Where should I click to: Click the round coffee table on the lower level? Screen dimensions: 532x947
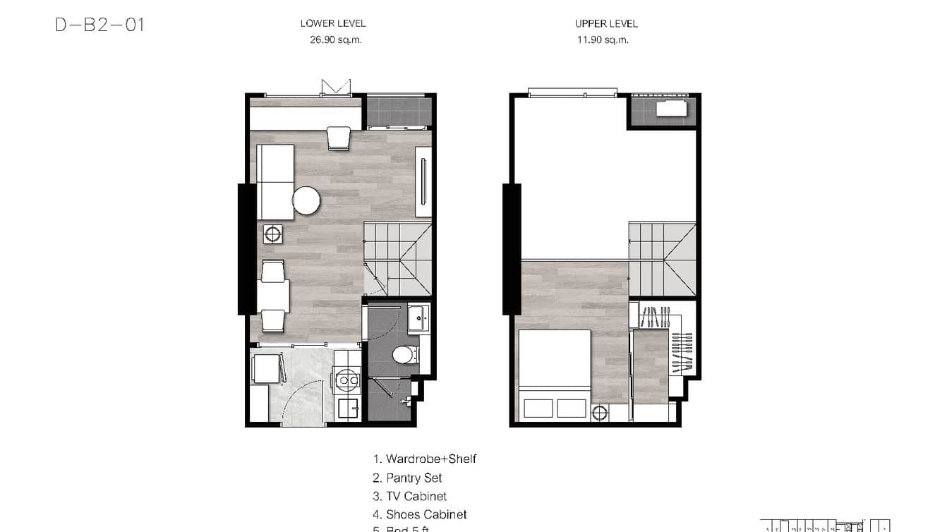(306, 200)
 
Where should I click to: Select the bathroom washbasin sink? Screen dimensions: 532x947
(421, 318)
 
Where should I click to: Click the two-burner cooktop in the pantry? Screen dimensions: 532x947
(346, 380)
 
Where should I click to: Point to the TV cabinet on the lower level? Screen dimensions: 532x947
(423, 181)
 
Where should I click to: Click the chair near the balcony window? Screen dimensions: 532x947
(339, 138)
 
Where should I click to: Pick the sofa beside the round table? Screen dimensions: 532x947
(275, 181)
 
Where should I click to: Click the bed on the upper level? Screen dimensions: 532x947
(555, 374)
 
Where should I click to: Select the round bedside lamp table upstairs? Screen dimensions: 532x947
(600, 413)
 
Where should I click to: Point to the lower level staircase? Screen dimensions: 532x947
(397, 258)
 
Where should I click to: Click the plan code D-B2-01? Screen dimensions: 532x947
(99, 25)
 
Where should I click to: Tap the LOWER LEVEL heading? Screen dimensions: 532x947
(333, 23)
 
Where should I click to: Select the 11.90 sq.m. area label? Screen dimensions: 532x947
(601, 40)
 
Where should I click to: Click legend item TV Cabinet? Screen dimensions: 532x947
(410, 496)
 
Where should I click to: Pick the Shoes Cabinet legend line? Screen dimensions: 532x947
(420, 514)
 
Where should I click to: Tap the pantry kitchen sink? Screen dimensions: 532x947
(347, 407)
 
